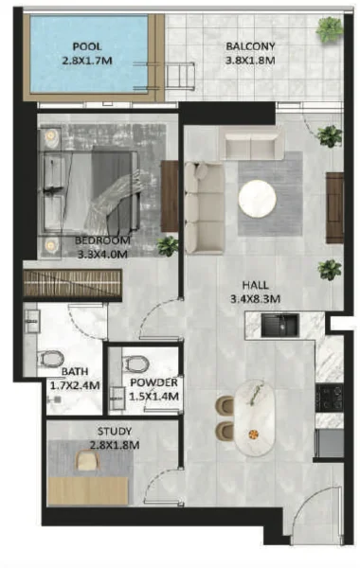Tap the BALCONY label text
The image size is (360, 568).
click(251, 45)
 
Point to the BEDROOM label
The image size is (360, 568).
click(103, 240)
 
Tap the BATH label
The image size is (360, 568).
click(73, 372)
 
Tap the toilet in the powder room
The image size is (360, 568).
click(136, 363)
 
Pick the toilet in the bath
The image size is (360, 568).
click(50, 360)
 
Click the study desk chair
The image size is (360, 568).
click(87, 461)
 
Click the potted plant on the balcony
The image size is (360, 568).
click(329, 30)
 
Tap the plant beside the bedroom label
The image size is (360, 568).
click(168, 246)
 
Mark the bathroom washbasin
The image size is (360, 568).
click(32, 320)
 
